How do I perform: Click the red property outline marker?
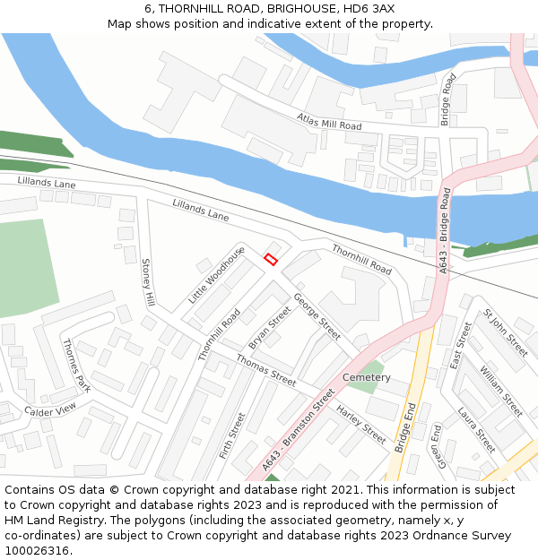270,259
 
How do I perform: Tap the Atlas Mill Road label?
329,122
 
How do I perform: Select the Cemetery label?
366,377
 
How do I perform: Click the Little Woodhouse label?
216,274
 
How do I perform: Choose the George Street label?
317,317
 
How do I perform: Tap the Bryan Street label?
270,328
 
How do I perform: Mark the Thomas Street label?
265,370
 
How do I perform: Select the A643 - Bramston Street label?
299,430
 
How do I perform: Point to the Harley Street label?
360,425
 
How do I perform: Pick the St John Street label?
506,332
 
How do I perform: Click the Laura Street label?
476,429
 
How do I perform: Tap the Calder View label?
51,410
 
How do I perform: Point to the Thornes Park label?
76,365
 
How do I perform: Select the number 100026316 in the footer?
37,551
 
